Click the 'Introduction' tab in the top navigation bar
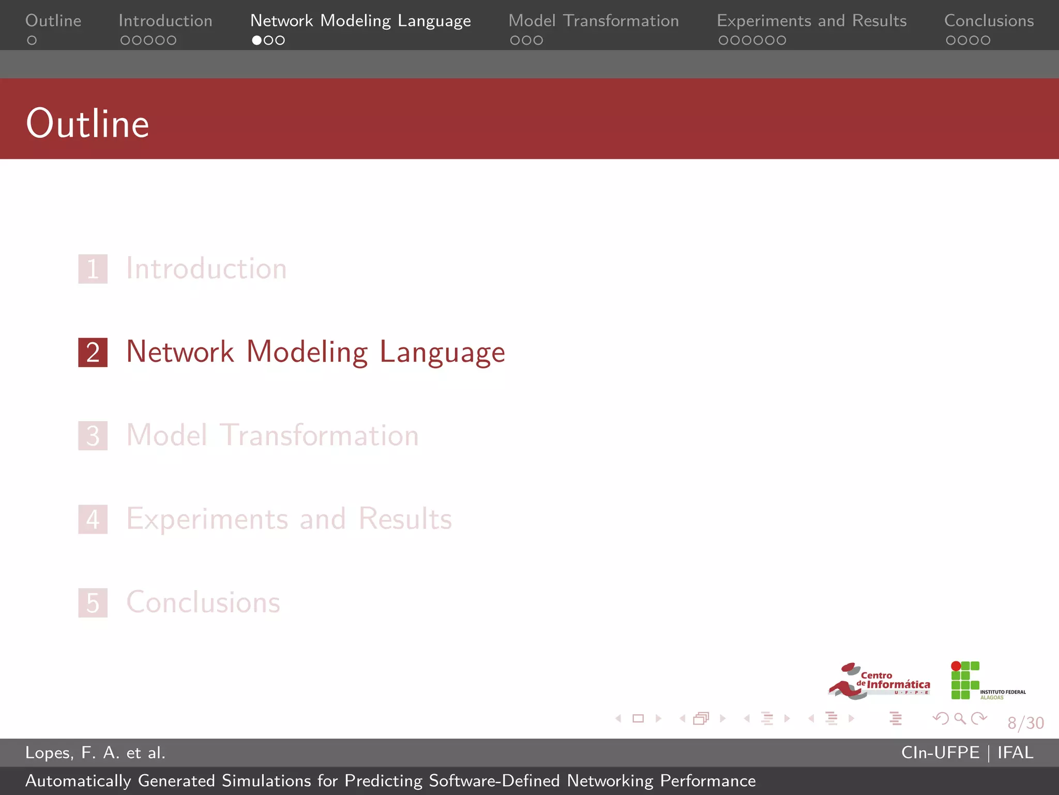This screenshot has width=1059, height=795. (165, 21)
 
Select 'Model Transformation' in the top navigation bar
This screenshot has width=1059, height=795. (593, 21)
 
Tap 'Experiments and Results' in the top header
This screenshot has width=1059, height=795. (811, 21)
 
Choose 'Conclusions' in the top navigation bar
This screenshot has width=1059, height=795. (989, 21)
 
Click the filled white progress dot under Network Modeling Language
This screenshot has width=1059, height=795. (256, 40)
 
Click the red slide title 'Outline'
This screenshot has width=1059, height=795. (88, 124)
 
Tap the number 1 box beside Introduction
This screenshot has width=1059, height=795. (93, 269)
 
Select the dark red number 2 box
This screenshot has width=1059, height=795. (93, 352)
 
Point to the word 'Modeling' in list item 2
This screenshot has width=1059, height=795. (307, 352)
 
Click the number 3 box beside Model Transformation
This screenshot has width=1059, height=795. (93, 436)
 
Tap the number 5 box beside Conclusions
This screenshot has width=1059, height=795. (93, 603)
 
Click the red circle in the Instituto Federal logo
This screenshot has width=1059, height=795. (956, 666)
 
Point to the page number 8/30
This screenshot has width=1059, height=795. (1025, 723)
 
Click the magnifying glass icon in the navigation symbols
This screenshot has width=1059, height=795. (960, 718)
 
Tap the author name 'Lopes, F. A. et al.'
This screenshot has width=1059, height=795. (95, 753)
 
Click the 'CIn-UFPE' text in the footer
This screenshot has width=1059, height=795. (940, 753)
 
